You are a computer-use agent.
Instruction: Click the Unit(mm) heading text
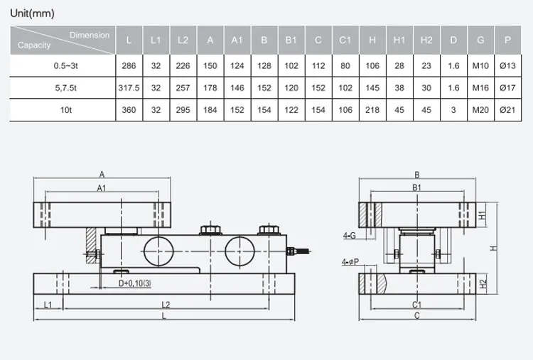coord(32,13)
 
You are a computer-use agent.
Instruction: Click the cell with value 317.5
coord(129,87)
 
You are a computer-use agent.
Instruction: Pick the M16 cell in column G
coord(481,87)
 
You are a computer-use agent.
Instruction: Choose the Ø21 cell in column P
coord(507,110)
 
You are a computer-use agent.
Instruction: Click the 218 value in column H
coord(372,110)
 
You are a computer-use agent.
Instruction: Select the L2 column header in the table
coord(183,40)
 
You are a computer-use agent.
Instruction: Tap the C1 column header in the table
coord(345,40)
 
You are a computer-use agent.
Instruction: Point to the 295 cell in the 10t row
coord(183,110)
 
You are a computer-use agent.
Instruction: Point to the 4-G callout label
coord(349,234)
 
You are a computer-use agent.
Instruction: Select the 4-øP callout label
coord(349,262)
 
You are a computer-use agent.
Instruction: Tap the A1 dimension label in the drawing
coord(102,188)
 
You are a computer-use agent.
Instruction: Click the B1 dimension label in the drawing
coord(417,188)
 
